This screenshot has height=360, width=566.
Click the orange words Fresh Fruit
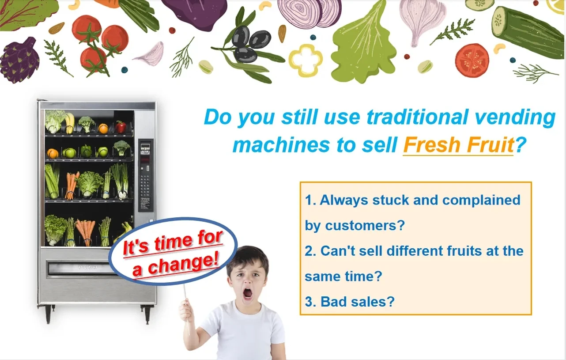(458, 145)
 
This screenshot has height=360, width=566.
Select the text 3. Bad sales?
(350, 301)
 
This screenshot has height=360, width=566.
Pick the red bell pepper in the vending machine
(121, 127)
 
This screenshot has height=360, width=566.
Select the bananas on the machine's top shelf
(69, 123)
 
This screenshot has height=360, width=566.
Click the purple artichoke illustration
(19, 60)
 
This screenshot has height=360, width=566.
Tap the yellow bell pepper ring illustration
(306, 60)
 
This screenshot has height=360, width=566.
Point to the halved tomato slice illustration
(472, 61)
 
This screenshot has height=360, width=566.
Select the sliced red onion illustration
(309, 13)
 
